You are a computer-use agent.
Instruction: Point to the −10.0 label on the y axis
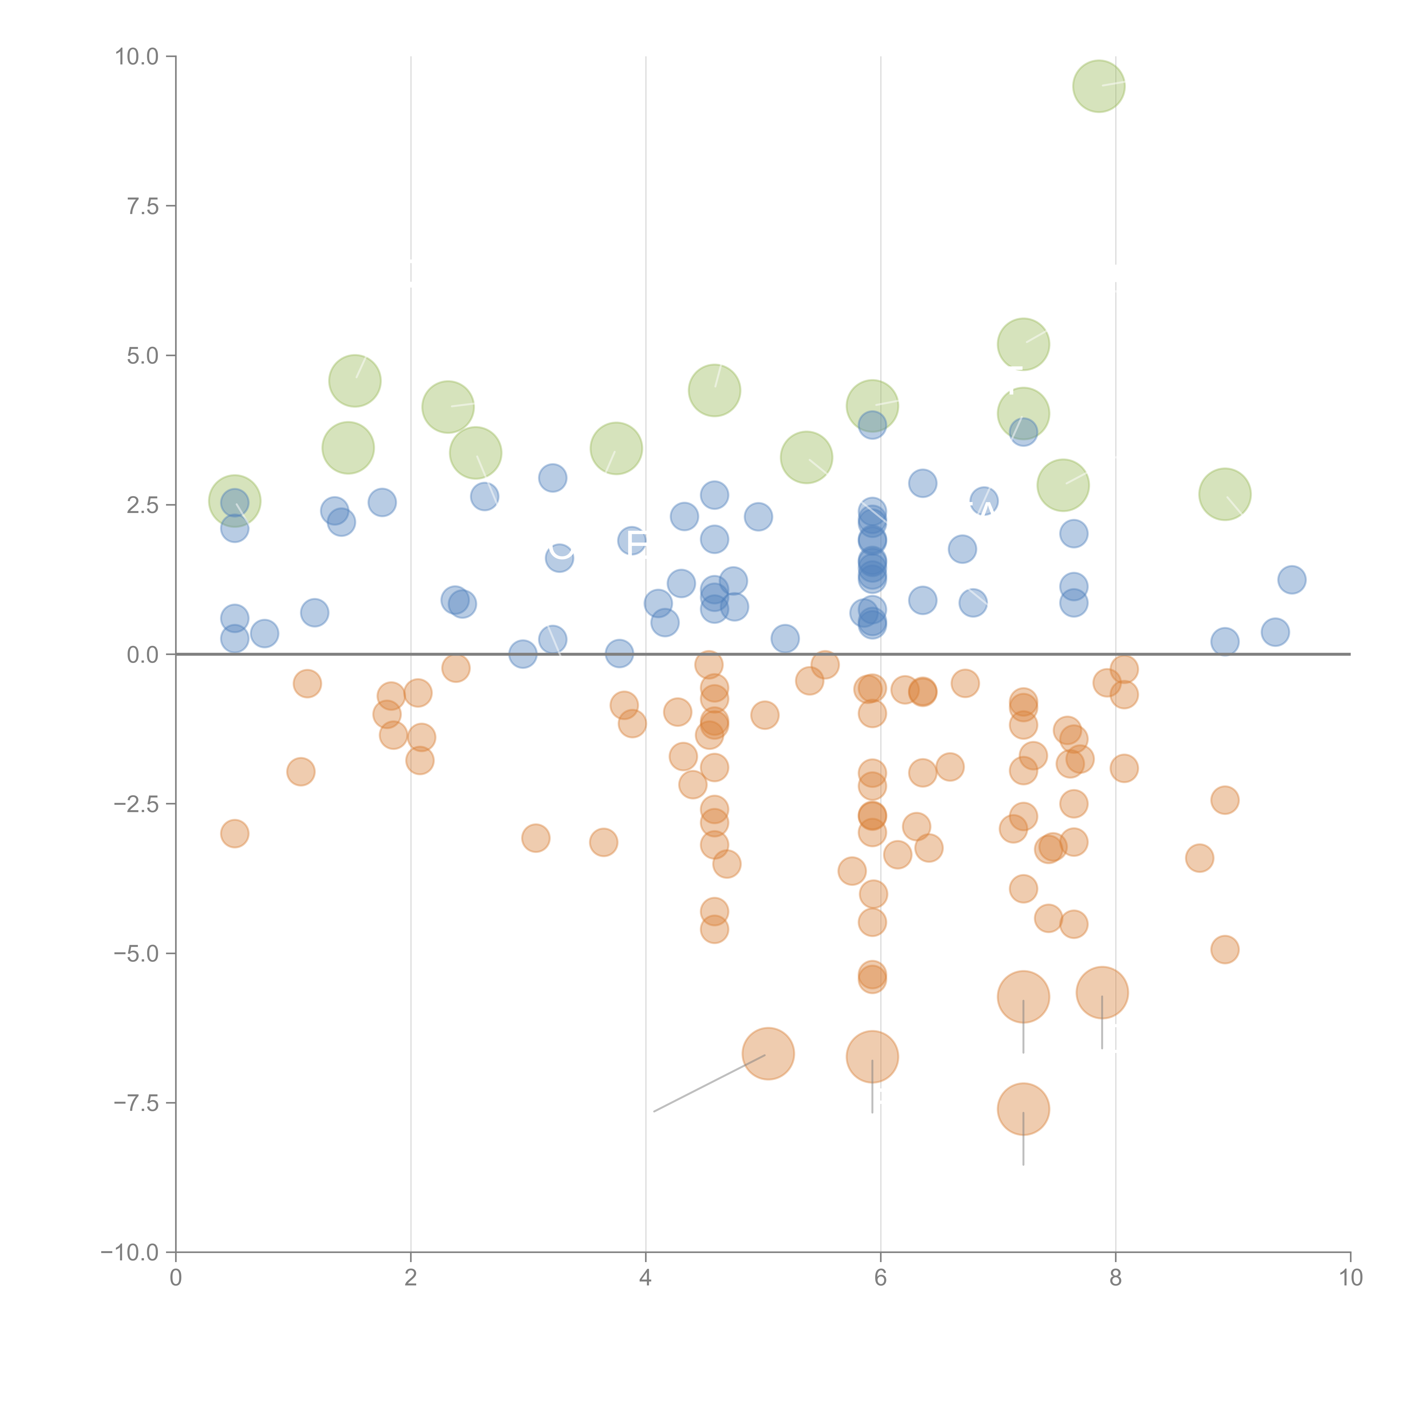tap(130, 1253)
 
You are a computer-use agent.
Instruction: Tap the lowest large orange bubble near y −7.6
tap(1023, 1109)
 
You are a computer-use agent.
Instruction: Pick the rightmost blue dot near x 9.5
tap(1291, 580)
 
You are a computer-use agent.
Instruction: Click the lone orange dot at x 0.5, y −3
tap(234, 833)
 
